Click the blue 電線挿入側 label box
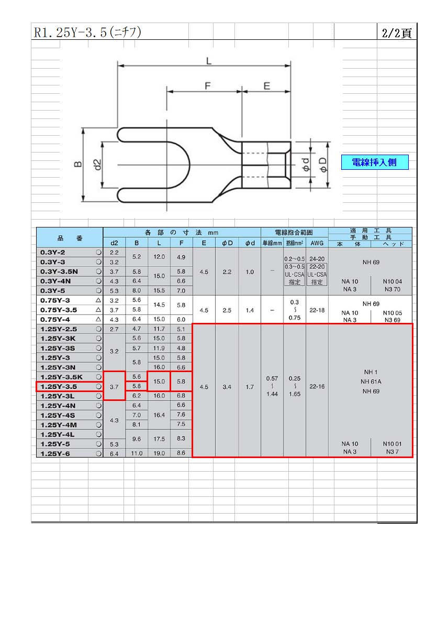coord(374,162)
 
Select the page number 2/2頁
coord(396,33)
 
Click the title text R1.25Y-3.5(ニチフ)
coord(87,32)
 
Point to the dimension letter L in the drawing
coord(208,61)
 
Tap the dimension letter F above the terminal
coord(208,86)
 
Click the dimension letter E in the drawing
coord(267,86)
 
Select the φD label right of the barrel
coord(323,165)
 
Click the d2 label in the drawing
coord(97,165)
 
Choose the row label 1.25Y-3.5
coord(59,387)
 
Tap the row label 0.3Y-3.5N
coord(59,272)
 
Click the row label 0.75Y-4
coord(55,319)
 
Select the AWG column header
coord(317,243)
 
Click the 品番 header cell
coord(70,238)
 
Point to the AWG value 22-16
coord(317,386)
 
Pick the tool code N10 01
coord(392,444)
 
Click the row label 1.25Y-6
coord(55,453)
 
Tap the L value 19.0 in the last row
coord(159,453)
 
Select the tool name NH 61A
coord(371,382)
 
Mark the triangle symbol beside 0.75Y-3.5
coord(98,310)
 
